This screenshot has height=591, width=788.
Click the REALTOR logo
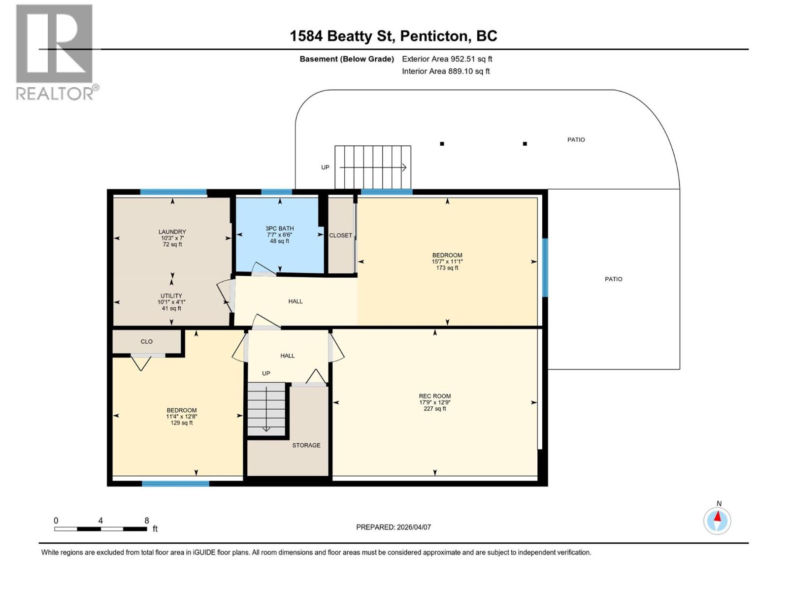click(x=55, y=52)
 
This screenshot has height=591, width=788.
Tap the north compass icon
click(x=717, y=521)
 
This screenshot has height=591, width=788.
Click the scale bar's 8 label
click(x=147, y=521)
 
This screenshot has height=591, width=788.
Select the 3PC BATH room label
click(x=279, y=229)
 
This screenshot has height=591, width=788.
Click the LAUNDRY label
click(x=172, y=232)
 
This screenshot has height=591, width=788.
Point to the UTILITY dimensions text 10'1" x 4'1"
click(x=171, y=302)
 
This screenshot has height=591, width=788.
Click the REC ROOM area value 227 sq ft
click(x=434, y=409)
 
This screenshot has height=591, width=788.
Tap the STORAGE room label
click(x=306, y=445)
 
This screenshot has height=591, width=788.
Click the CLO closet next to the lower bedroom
click(x=146, y=341)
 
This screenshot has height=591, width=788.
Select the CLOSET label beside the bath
click(x=340, y=235)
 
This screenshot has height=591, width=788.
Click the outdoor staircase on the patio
click(x=373, y=167)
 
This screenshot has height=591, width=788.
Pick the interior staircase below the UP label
click(x=266, y=409)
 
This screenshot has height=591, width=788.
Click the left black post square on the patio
click(x=442, y=144)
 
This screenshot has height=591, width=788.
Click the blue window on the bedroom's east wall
click(x=545, y=267)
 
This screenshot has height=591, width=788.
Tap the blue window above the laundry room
click(x=173, y=193)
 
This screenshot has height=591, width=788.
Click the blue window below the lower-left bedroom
click(x=175, y=484)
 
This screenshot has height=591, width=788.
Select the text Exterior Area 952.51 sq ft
click(x=447, y=59)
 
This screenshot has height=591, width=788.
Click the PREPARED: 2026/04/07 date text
click(x=394, y=527)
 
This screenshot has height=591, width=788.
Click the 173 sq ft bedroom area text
click(x=447, y=268)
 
